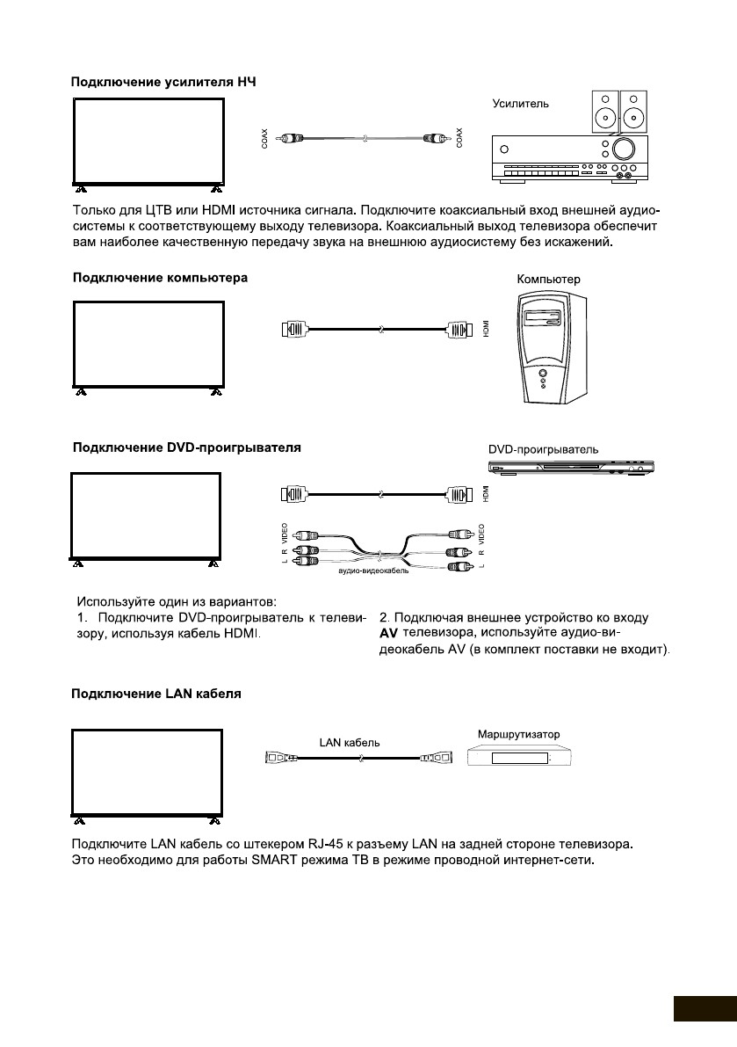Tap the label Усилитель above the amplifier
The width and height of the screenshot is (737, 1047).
tap(521, 103)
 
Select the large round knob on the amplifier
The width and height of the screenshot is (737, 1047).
tap(625, 148)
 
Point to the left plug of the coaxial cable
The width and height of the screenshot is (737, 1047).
tap(290, 139)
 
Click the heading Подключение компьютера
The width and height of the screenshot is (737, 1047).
tap(159, 278)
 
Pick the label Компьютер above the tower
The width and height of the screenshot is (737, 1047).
tap(549, 280)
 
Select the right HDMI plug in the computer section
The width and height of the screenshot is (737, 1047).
tap(461, 331)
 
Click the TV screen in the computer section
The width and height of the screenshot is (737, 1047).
tap(146, 343)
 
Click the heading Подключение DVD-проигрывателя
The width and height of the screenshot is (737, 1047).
tap(186, 447)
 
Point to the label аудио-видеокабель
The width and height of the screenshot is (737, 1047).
tap(373, 571)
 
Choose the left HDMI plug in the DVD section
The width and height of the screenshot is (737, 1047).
tap(293, 494)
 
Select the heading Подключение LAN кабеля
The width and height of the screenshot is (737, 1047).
tap(155, 694)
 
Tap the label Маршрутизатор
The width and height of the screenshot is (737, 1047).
tap(524, 733)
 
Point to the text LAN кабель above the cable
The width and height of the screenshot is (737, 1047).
tap(350, 743)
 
